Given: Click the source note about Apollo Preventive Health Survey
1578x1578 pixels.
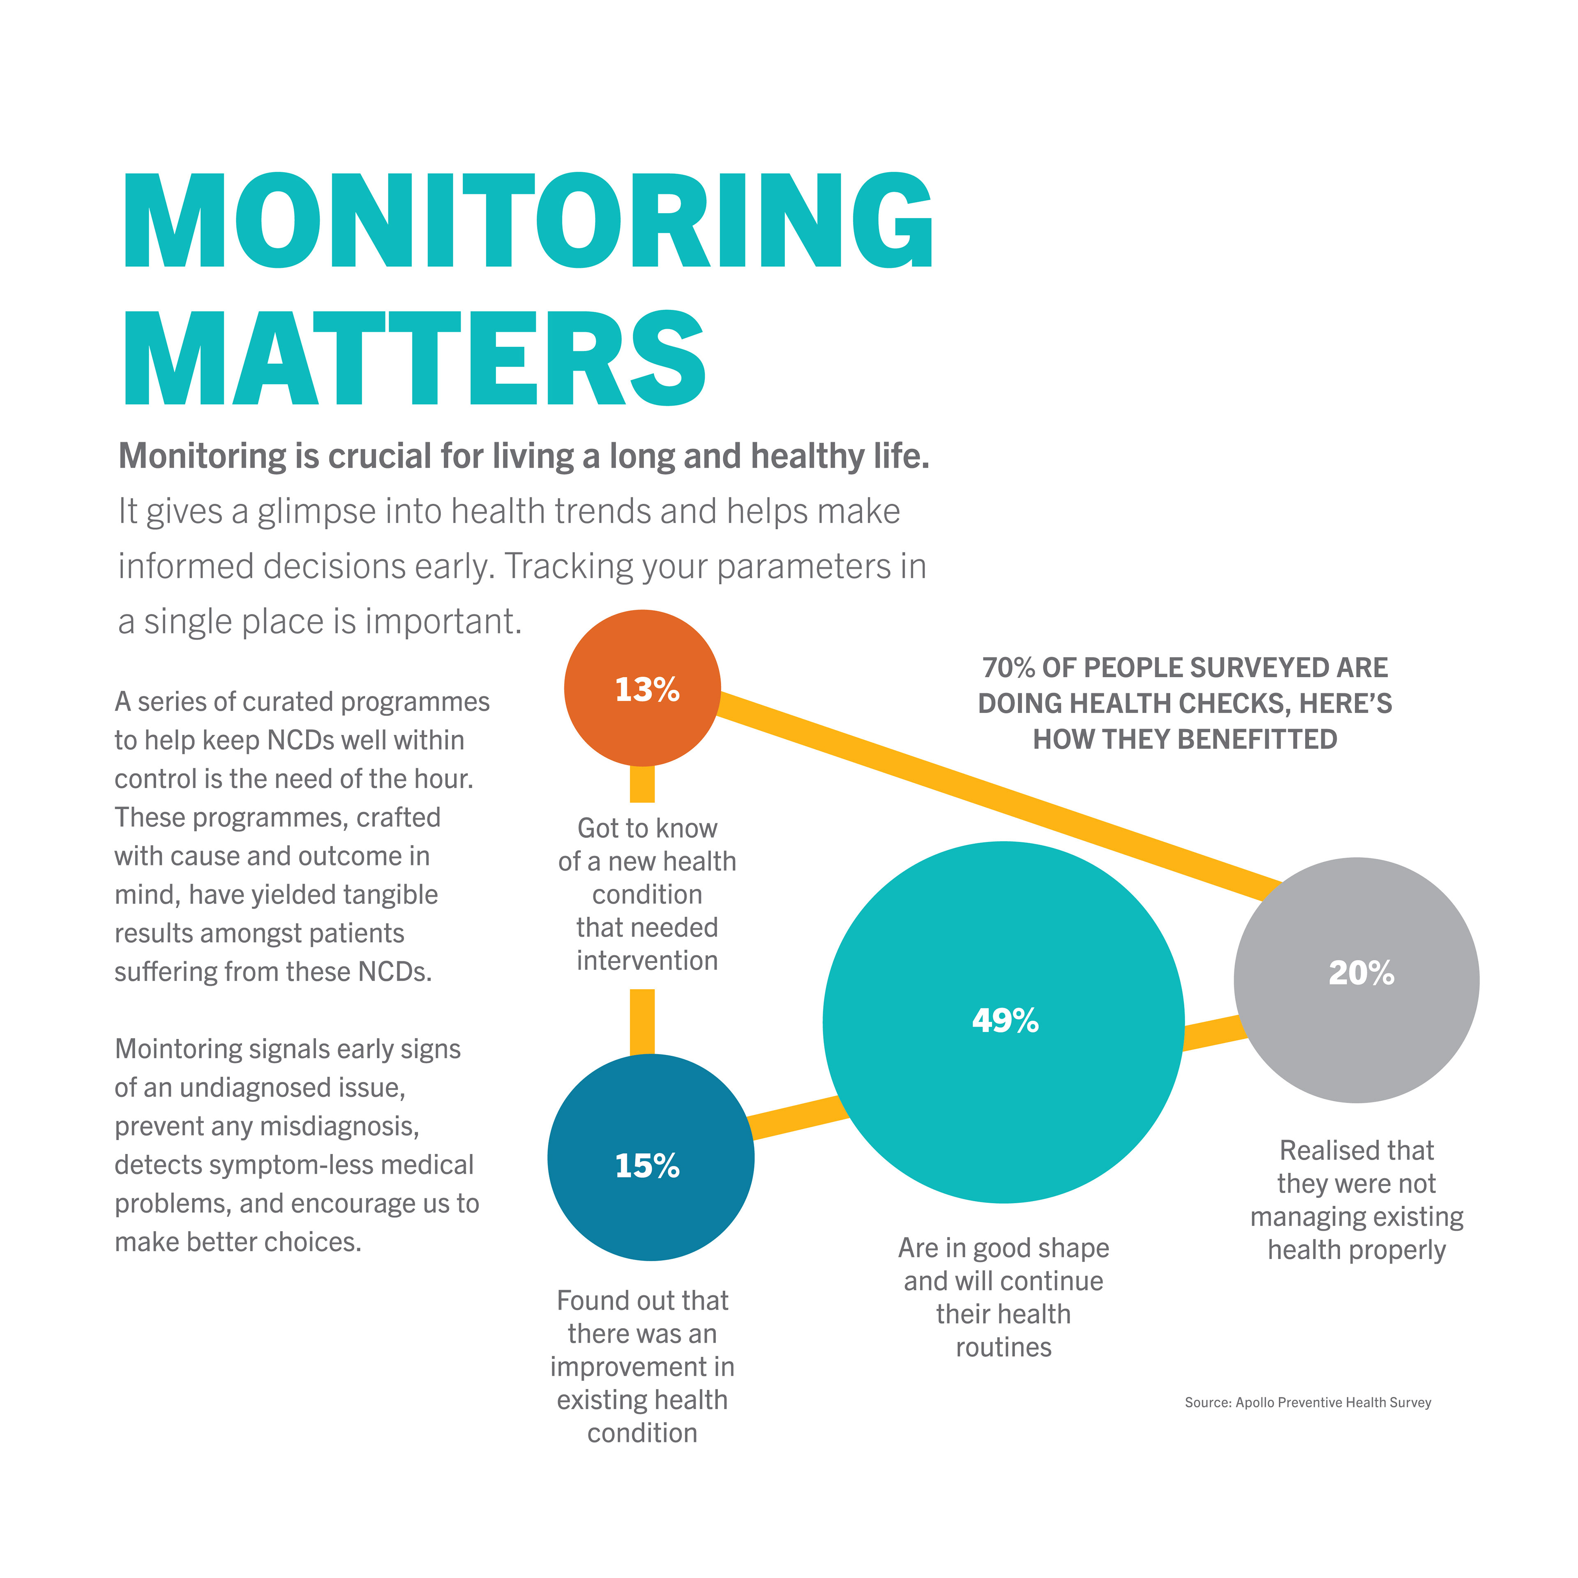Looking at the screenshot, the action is (1308, 1403).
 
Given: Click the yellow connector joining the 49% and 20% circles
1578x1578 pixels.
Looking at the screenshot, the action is (1213, 1033).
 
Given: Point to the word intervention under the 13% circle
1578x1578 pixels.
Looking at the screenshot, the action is (647, 960).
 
